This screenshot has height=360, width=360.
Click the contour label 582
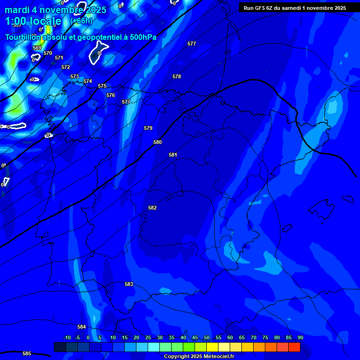pos(152,208)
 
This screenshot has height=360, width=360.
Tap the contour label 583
pos(129,284)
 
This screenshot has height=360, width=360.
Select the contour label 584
pos(82,327)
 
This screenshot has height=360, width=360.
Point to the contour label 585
pos(27,353)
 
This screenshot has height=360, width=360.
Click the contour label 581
pos(173,155)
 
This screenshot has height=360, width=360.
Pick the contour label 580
pos(157,142)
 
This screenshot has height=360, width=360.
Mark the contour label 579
pos(148,128)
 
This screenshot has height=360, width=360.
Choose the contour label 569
pos(37,48)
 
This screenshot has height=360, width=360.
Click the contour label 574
pos(88,81)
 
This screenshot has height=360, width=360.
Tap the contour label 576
pos(111,95)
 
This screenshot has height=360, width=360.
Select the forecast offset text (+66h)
pos(82,21)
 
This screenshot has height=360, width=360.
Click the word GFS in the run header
pos(259,8)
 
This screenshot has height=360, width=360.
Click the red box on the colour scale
pos(294,347)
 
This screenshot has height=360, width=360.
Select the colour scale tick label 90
pos(300,337)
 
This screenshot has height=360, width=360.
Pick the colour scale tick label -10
pos(67,337)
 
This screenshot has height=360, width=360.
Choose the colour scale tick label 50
pos(207,337)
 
